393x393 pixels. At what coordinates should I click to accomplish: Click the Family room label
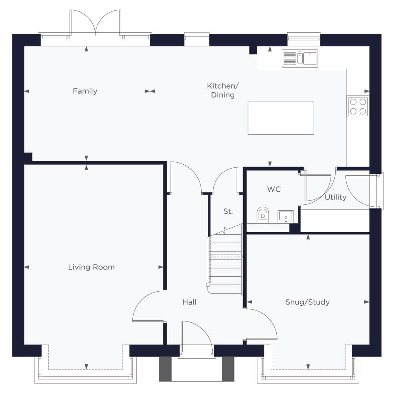coord(85,91)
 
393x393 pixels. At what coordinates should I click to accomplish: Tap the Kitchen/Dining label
coord(223,90)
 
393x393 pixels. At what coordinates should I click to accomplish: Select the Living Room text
coord(92,267)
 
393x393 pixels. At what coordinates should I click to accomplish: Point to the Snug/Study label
coord(308,302)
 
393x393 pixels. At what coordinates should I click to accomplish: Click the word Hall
coord(189,302)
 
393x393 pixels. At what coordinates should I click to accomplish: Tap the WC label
coord(274,189)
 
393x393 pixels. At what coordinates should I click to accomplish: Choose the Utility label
coord(336,197)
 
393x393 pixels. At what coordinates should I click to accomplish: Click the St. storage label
coord(228,211)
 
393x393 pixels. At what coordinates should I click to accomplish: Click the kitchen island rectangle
coord(281,118)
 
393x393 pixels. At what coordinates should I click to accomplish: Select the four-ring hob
coord(358,107)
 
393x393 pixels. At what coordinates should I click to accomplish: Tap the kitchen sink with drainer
coord(300,59)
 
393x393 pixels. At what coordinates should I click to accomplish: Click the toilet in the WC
coord(263,215)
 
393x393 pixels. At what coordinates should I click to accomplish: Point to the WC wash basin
coord(285,217)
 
